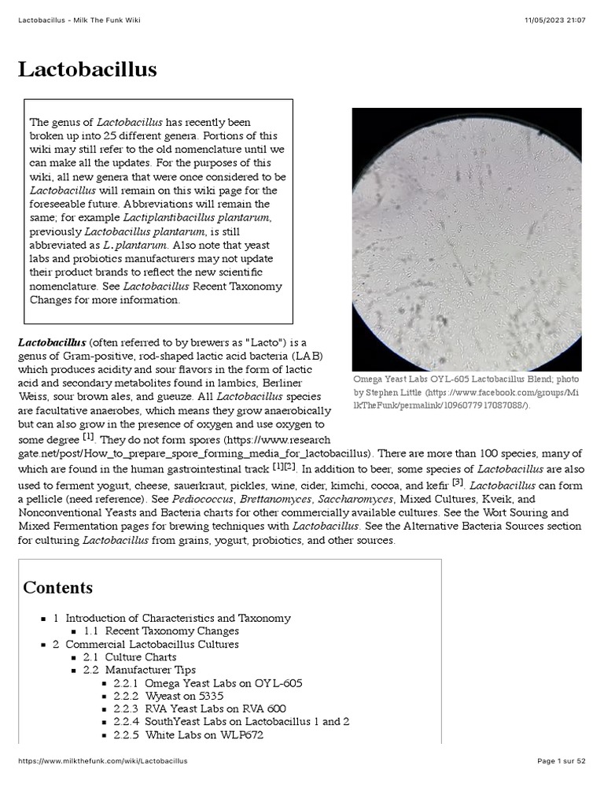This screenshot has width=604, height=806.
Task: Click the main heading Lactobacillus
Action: click(x=87, y=69)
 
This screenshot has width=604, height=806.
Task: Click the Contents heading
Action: click(x=57, y=587)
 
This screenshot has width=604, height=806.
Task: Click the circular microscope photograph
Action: click(x=466, y=238)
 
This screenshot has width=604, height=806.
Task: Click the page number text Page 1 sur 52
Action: click(x=561, y=761)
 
